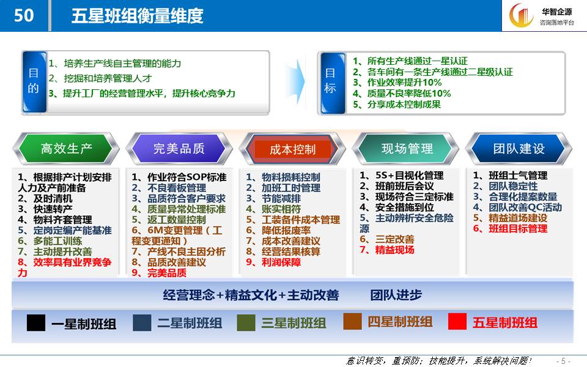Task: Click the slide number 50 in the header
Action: click(24, 15)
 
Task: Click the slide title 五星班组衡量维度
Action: click(138, 16)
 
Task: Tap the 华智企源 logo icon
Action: click(521, 15)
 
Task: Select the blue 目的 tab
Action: click(34, 81)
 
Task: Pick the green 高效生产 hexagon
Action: click(66, 148)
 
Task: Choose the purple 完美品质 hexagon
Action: click(179, 148)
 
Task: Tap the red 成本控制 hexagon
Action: click(292, 149)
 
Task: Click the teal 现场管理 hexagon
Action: click(407, 148)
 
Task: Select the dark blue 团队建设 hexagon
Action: click(519, 148)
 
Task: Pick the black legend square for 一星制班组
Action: click(36, 323)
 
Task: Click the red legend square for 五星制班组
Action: click(457, 321)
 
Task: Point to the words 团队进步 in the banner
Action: click(396, 295)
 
